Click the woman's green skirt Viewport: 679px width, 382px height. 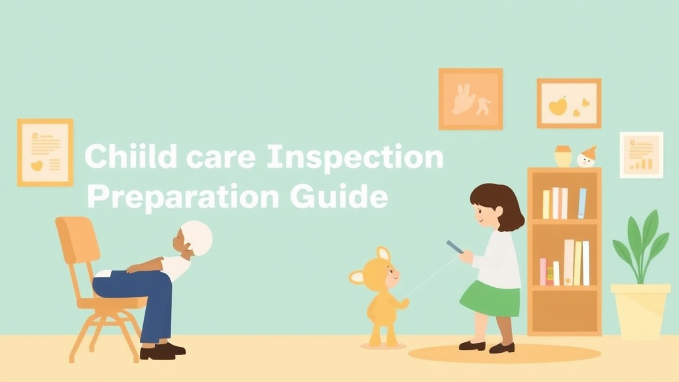pos(491,298)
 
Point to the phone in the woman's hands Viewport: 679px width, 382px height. pos(454,247)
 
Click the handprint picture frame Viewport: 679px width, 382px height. pos(470,99)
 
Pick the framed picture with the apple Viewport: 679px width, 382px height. pos(568,103)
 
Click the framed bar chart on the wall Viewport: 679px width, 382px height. pos(641,155)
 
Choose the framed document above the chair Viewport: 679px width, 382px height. pos(45,152)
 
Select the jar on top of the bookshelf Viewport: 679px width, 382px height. pos(563,156)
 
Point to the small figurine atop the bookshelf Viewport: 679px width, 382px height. pos(587,157)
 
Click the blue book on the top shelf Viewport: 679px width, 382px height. pos(582,203)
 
